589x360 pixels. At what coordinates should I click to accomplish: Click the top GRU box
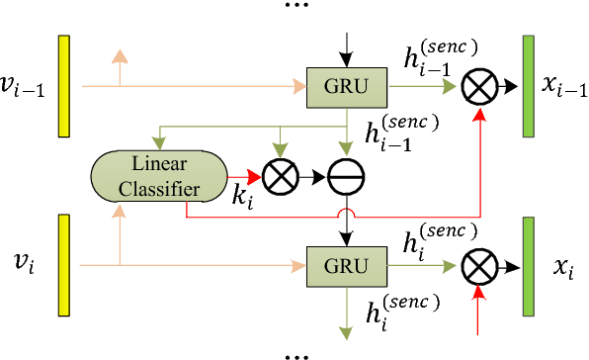[x=348, y=86]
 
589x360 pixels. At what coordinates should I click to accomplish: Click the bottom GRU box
[x=348, y=265]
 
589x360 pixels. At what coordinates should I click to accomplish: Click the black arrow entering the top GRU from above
[x=348, y=45]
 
